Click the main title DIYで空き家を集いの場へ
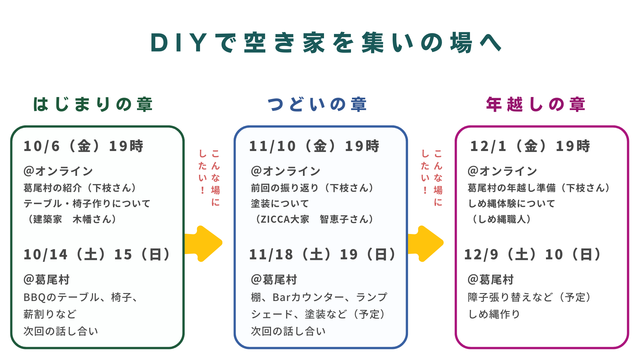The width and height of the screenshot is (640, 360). [x=326, y=43]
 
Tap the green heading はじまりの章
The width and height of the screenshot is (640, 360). [x=93, y=104]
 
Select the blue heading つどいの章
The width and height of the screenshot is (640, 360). [x=317, y=104]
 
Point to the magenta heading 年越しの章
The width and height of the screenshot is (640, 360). [x=536, y=104]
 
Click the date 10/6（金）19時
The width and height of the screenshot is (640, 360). [x=83, y=146]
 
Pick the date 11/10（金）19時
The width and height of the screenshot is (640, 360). [x=314, y=146]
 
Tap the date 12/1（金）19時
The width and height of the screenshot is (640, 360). [x=530, y=146]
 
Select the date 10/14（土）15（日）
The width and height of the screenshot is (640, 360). [x=97, y=254]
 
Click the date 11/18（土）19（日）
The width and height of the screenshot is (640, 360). [x=322, y=254]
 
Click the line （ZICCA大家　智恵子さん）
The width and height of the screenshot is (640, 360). [x=313, y=219]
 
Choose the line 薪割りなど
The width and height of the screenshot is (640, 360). [x=50, y=314]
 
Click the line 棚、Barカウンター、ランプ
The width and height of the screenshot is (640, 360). [x=319, y=297]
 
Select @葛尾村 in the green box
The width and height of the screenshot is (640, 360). [x=47, y=279]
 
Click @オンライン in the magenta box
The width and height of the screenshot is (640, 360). [x=502, y=171]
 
